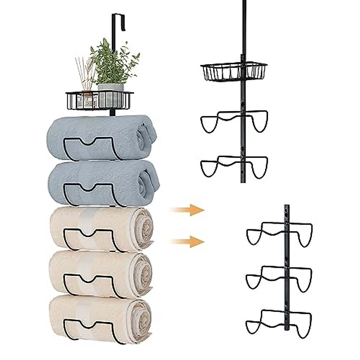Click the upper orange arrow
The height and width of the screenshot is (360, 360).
click(187, 210)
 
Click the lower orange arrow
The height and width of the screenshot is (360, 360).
click(187, 241)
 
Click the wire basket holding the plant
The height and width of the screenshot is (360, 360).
click(99, 100)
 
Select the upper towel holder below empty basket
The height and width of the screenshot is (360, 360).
click(234, 120)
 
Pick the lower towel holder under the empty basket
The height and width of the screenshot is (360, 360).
click(234, 165)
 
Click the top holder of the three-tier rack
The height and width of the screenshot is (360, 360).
click(279, 232)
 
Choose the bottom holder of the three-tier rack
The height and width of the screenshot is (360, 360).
click(279, 319)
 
